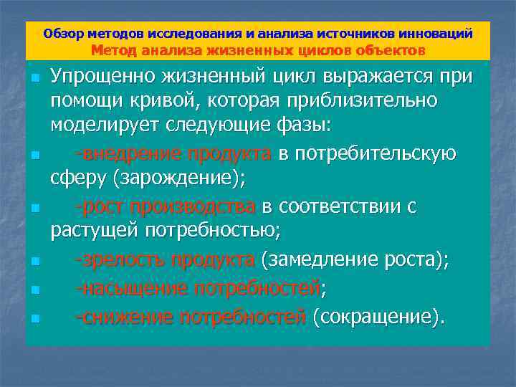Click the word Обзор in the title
(62, 34)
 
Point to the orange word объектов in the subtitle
(393, 50)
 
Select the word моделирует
(98, 127)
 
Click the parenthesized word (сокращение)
(378, 316)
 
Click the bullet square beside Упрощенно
(35, 77)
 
